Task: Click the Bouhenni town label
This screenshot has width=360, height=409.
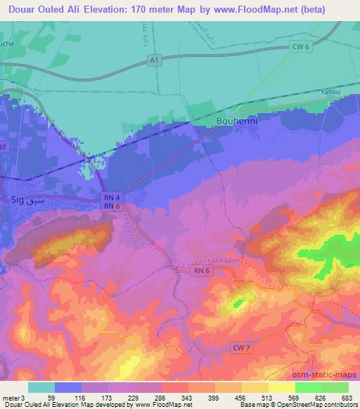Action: click(236, 121)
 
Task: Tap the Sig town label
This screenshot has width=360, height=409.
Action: click(19, 200)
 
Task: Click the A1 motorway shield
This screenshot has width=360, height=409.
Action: click(153, 61)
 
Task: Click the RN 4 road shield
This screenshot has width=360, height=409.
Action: click(107, 197)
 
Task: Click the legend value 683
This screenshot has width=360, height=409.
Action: click(346, 397)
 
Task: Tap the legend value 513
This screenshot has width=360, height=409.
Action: click(266, 397)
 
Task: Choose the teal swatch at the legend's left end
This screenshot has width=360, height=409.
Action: click(41, 387)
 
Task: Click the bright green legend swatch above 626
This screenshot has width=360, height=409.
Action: click(308, 387)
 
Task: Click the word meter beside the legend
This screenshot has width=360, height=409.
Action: click(11, 397)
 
